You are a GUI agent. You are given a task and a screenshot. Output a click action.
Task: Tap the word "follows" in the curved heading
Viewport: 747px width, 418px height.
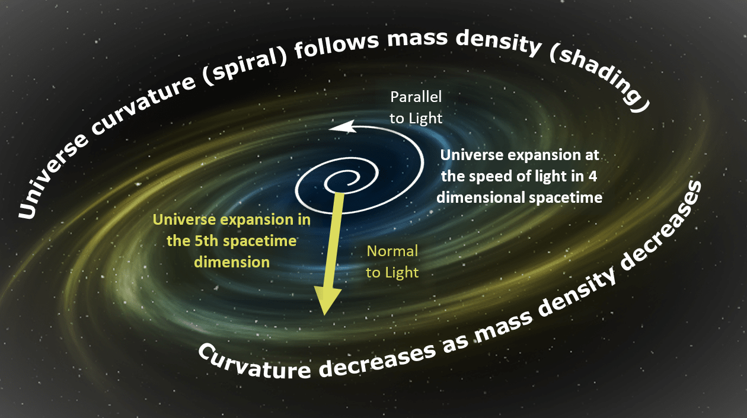[x=336, y=44]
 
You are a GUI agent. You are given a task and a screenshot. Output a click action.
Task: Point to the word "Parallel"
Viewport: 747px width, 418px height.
[x=416, y=97]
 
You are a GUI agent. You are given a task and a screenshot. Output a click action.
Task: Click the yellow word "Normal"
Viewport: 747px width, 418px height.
[x=392, y=251]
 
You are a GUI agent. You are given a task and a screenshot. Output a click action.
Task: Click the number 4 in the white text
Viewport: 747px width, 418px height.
[x=593, y=177]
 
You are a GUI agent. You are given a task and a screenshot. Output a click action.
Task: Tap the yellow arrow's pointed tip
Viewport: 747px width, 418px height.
[x=324, y=315]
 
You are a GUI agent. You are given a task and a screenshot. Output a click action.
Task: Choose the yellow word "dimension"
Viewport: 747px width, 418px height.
[x=232, y=262]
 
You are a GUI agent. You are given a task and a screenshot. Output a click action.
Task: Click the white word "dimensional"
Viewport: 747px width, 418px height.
[x=481, y=197]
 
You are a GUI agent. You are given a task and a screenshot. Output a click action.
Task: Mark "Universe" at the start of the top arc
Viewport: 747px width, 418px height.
[x=53, y=176]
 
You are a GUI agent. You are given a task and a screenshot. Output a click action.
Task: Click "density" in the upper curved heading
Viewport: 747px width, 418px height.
[x=498, y=42]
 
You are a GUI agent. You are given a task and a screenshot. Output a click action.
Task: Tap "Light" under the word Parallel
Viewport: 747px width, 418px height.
[x=426, y=119]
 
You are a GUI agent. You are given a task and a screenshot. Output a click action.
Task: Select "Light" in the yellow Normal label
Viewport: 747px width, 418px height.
[x=401, y=273]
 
